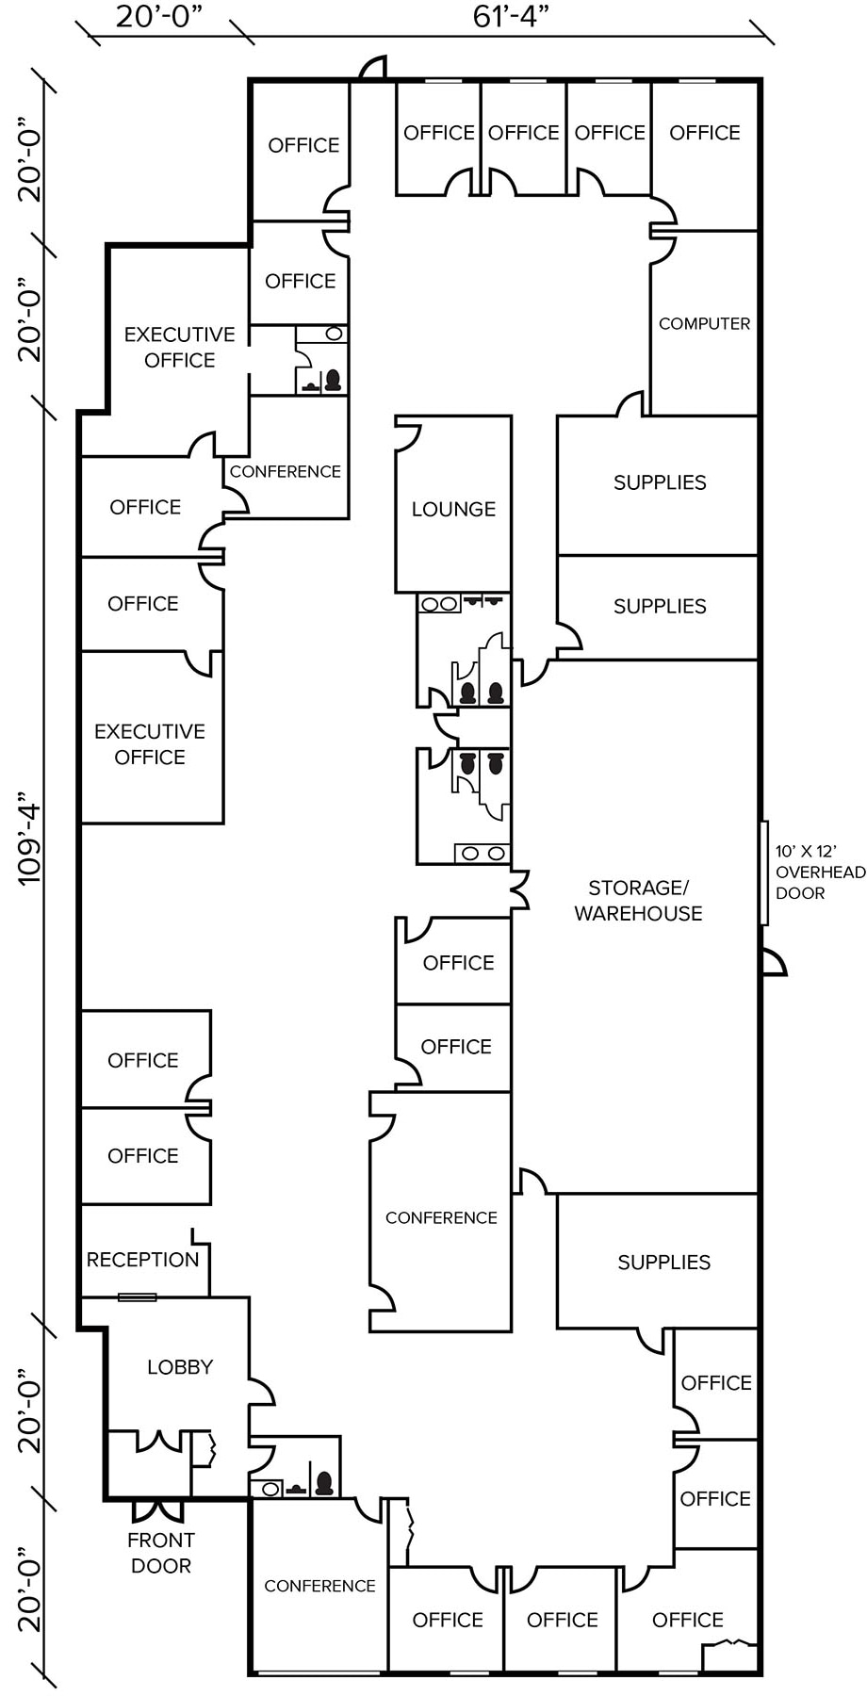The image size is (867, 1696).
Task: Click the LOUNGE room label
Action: point(453,509)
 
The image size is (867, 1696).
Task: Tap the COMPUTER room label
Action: point(704,323)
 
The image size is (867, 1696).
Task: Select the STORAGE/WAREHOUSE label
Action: point(638,900)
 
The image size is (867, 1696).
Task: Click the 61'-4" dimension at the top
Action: point(510,16)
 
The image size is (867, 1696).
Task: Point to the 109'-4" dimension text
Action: point(29,843)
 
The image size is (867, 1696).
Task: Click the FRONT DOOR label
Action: point(161,1553)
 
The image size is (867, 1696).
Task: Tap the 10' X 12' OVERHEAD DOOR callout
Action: point(819,872)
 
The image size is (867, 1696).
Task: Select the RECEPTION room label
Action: point(142,1260)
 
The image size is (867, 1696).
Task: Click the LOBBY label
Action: point(179,1366)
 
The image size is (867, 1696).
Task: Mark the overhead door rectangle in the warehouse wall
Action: point(763,872)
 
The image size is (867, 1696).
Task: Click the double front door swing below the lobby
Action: point(157,1510)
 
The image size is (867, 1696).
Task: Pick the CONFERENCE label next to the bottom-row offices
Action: point(319,1586)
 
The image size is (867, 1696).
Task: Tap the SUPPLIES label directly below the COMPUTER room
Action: point(660,482)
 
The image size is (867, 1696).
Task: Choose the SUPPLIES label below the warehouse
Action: point(663,1263)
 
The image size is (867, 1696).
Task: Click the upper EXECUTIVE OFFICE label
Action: point(179,347)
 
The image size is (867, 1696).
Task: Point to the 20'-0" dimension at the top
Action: point(159,16)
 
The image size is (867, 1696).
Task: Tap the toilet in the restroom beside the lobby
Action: point(324,1484)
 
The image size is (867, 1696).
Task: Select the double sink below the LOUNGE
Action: point(439,604)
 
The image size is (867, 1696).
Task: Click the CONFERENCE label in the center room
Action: point(441,1217)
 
